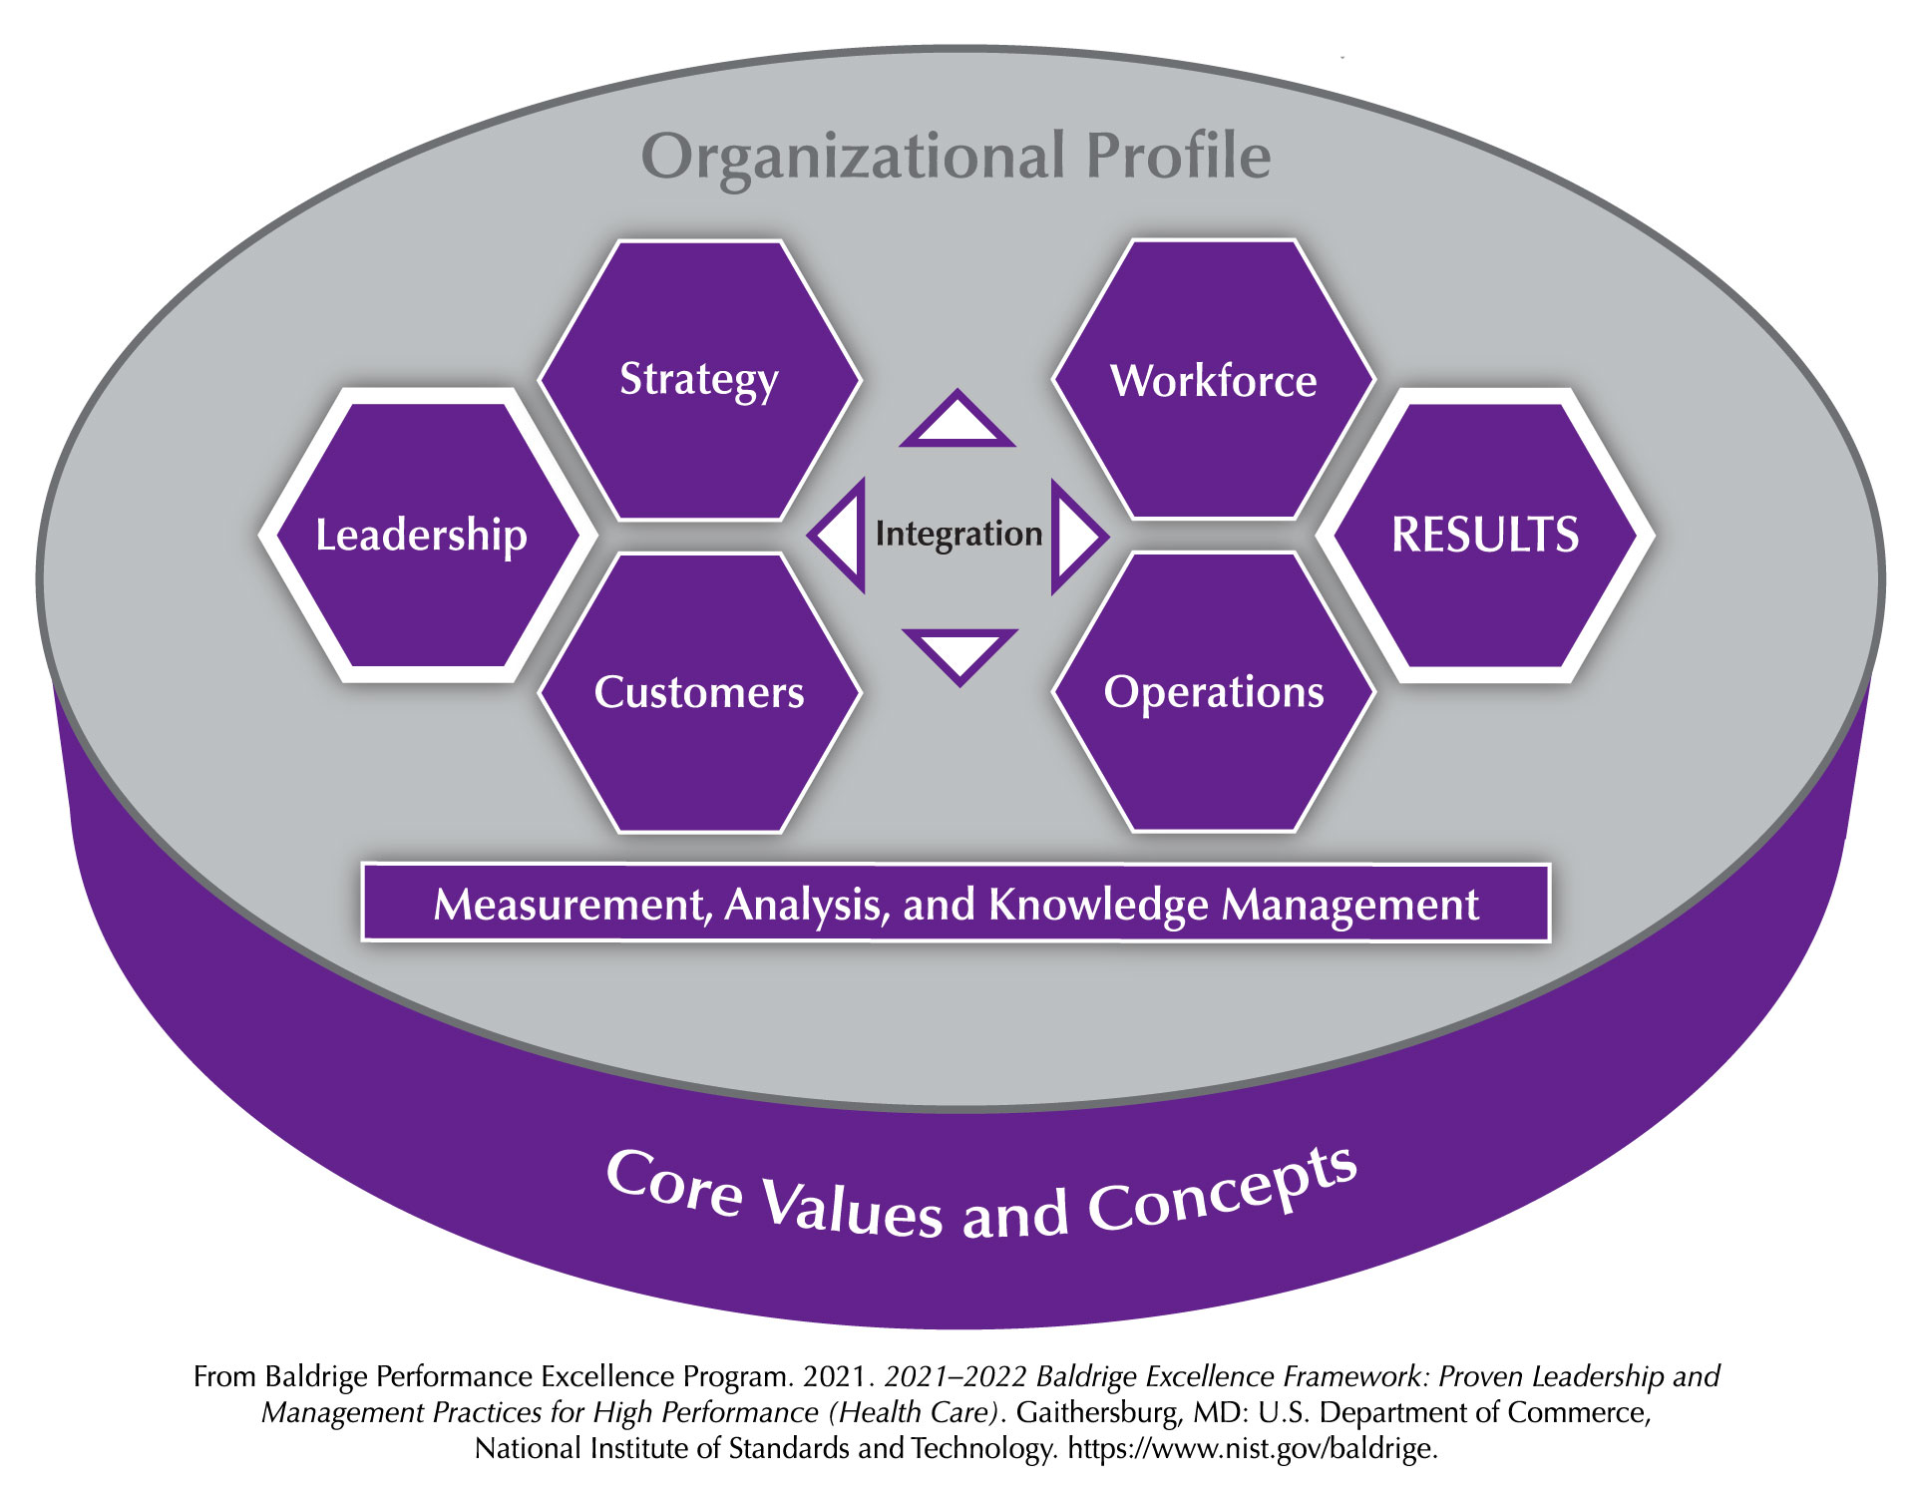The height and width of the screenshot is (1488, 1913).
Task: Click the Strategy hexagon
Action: pyautogui.click(x=699, y=380)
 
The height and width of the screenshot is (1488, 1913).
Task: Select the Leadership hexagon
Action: pyautogui.click(x=428, y=535)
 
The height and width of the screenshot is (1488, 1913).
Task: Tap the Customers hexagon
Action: pyautogui.click(x=699, y=692)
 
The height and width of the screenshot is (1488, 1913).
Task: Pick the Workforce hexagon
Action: pyautogui.click(x=1214, y=380)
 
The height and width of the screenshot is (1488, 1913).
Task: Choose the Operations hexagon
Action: pyautogui.click(x=1214, y=692)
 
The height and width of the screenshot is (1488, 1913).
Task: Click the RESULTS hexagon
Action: pyautogui.click(x=1485, y=535)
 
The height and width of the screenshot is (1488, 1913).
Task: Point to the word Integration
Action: pyautogui.click(x=958, y=535)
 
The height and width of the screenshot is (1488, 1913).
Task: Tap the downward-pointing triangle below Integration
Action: pyautogui.click(x=959, y=655)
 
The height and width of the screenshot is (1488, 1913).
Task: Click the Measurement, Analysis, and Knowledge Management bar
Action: pyautogui.click(x=956, y=903)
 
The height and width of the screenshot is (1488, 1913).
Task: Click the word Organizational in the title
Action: pyautogui.click(x=853, y=159)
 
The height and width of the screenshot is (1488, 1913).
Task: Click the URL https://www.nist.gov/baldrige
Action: pyautogui.click(x=1253, y=1448)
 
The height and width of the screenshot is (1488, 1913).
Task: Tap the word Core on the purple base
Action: pyautogui.click(x=675, y=1183)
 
